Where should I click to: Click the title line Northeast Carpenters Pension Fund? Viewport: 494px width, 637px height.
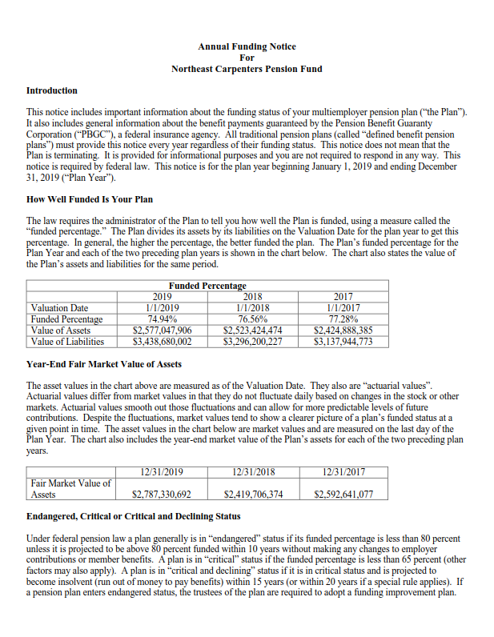(x=247, y=69)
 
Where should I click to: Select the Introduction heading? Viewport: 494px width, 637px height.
(x=52, y=90)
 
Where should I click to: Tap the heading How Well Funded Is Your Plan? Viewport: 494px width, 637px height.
(x=90, y=198)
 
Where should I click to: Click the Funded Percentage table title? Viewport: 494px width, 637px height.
(x=207, y=286)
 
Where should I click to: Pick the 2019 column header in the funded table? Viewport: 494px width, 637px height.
(x=162, y=296)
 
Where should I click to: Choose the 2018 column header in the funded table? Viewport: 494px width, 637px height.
(x=252, y=296)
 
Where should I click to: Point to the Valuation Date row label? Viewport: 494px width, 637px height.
(x=59, y=307)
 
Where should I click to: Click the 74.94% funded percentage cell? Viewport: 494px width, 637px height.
(x=162, y=318)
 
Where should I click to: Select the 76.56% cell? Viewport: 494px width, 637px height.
(x=252, y=318)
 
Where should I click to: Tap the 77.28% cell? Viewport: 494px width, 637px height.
(x=343, y=318)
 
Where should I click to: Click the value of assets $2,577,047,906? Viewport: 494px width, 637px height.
(x=162, y=330)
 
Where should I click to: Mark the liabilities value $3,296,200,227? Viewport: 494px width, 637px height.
(x=252, y=342)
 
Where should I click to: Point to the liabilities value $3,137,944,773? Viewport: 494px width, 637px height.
(x=343, y=342)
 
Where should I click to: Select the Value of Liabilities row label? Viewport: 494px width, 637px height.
(x=67, y=342)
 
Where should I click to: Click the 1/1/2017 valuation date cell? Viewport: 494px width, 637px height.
(x=343, y=307)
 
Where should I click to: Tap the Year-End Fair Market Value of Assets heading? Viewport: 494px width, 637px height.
(x=104, y=364)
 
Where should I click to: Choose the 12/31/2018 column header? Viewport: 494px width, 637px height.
(x=252, y=471)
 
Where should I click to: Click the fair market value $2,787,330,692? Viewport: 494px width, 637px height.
(x=162, y=495)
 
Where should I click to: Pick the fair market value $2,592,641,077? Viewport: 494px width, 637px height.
(x=343, y=495)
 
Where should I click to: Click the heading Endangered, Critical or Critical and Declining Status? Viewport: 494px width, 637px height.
(x=133, y=517)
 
